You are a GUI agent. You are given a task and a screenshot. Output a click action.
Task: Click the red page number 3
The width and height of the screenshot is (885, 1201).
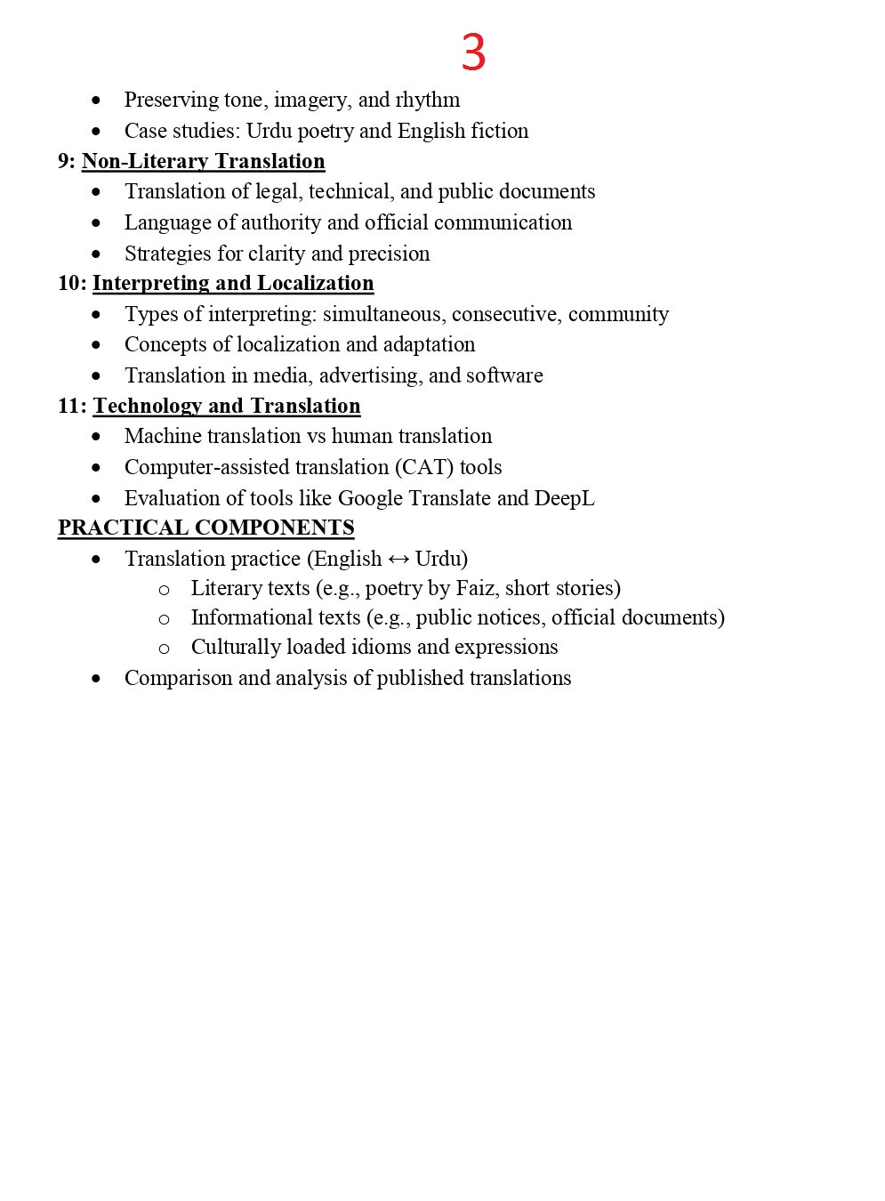click(473, 53)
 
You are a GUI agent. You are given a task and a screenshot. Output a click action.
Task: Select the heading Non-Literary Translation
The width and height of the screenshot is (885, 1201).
click(203, 161)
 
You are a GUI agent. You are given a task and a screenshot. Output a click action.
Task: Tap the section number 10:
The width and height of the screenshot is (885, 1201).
click(72, 283)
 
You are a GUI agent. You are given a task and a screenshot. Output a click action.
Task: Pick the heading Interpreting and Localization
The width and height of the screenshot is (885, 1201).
click(233, 283)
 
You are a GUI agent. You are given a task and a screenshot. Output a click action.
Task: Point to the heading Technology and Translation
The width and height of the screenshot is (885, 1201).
click(227, 406)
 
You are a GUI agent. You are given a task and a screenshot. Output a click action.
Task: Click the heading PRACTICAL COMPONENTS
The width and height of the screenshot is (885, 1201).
click(206, 528)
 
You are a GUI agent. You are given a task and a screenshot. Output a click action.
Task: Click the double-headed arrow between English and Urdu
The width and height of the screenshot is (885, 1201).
click(398, 560)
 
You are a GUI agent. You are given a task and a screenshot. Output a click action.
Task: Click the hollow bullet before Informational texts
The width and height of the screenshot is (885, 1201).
click(164, 619)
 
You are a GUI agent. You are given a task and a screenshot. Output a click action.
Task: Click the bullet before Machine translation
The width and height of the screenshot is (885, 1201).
click(96, 437)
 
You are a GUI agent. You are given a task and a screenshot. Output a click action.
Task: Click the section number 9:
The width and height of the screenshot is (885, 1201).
click(67, 161)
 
